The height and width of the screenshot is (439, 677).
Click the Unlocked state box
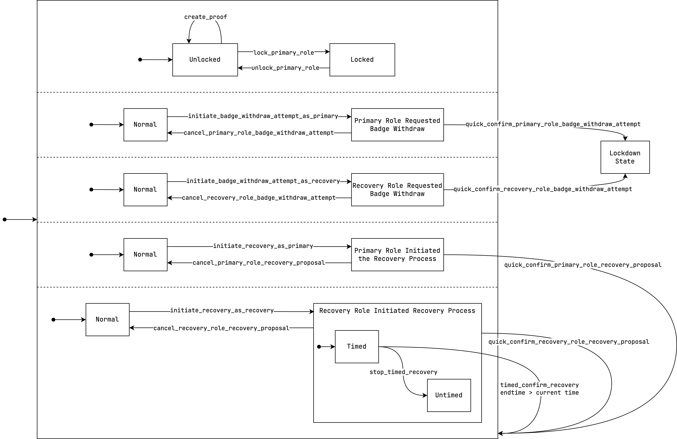[205, 60]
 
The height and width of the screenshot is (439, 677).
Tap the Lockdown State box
[625, 157]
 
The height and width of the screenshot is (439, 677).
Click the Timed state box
[357, 346]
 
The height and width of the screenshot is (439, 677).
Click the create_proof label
[205, 17]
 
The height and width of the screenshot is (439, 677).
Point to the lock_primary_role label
[284, 53]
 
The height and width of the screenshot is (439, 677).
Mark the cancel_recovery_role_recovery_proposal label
[221, 328]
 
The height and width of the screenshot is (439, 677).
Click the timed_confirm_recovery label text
[539, 385]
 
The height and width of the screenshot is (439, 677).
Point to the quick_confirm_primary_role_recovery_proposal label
[583, 265]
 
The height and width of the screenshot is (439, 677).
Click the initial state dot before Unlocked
[140, 60]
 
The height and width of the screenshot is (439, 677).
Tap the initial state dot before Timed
[319, 347]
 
